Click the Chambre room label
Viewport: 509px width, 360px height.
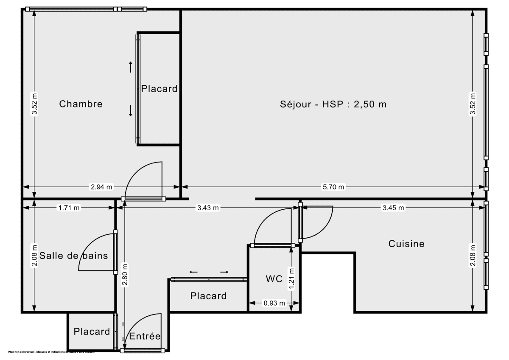point(81,104)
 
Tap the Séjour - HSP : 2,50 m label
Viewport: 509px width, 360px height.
point(333,104)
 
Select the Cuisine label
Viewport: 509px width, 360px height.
point(406,244)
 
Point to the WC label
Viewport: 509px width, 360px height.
point(274,279)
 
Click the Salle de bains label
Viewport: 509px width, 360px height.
point(73,256)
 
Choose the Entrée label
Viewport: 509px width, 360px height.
point(145,336)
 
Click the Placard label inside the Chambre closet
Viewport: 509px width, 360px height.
point(159,89)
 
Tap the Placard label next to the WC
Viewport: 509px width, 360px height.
point(208,296)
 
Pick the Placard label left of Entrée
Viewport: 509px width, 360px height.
point(92,332)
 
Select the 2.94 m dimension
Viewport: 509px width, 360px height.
point(101,187)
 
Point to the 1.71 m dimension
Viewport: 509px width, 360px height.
point(69,208)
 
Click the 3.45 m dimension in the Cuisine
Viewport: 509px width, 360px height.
point(394,208)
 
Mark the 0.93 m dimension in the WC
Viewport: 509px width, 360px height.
point(274,303)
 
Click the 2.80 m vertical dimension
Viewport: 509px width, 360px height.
point(125,275)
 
